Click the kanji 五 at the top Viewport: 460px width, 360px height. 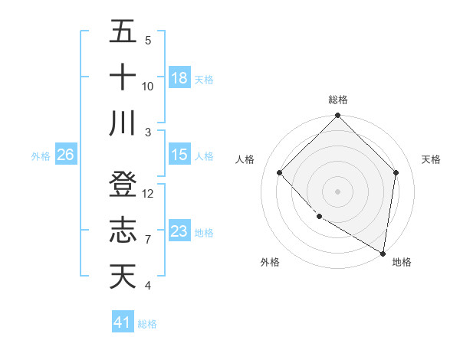point(123,31)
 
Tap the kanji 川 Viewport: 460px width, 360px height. point(123,123)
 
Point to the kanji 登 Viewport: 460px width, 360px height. point(123,185)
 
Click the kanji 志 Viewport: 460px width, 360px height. point(123,231)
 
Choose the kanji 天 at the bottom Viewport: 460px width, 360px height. point(123,277)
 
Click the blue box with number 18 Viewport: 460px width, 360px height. point(179,78)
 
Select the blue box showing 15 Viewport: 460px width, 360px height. point(179,155)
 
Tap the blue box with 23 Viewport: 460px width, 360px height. point(179,231)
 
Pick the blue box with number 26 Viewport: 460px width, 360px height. point(65,155)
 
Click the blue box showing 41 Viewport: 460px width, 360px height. point(123,322)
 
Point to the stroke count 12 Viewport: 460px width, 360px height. point(148,194)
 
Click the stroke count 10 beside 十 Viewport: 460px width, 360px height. point(148,87)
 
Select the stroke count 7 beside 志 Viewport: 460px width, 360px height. point(148,240)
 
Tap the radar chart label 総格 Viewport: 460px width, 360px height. point(338,100)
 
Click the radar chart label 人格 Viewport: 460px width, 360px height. point(245,159)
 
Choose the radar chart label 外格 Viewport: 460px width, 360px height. point(270,262)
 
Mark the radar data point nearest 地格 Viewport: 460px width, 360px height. point(383,253)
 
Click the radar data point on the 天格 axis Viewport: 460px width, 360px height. point(396,172)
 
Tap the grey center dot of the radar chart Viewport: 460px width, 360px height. point(338,191)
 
